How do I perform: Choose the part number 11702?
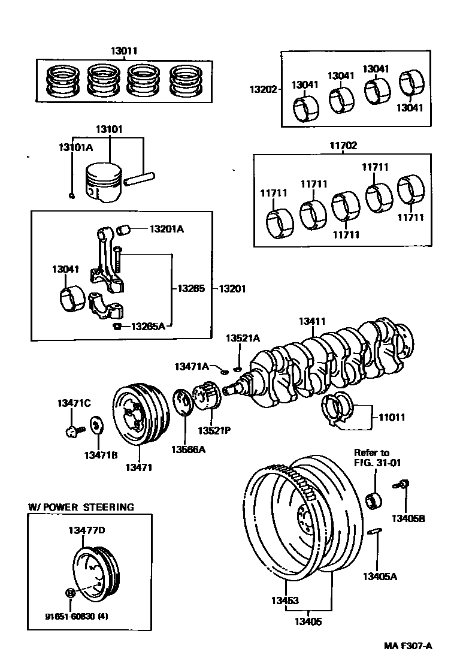343,145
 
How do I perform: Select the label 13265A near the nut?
148,326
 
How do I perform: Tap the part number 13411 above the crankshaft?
312,322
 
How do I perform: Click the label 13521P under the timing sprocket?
214,430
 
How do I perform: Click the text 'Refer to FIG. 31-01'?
371,457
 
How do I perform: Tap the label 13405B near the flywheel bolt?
408,518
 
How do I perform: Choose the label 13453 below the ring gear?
284,599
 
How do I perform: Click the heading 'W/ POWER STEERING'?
81,507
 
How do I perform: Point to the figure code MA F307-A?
408,645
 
